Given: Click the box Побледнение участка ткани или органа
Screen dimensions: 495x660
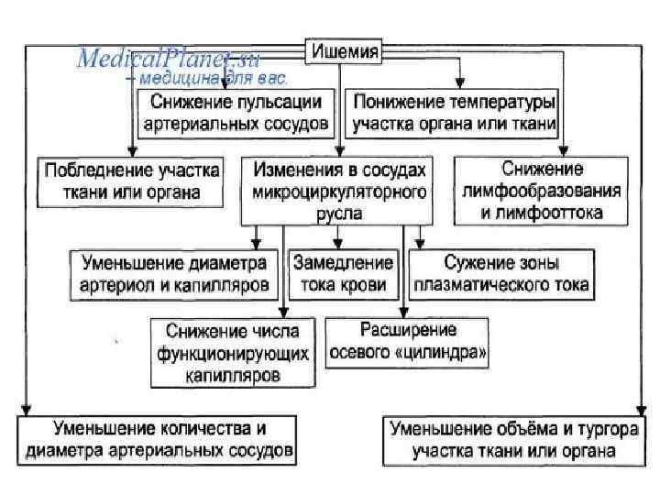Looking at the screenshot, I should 129,181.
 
